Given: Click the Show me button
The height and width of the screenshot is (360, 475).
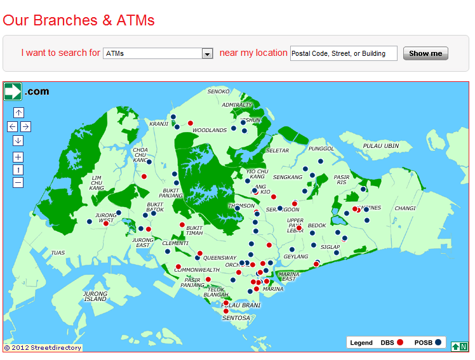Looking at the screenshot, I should click(425, 53).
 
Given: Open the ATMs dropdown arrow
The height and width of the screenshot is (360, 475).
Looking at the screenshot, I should click(207, 54).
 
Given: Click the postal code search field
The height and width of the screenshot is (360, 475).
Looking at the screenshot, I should click(343, 53).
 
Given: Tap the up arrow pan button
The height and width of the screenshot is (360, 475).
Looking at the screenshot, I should click(18, 112).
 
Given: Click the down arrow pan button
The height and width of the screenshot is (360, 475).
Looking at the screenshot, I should click(18, 140).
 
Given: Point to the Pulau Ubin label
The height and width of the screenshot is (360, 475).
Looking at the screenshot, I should click(380, 146).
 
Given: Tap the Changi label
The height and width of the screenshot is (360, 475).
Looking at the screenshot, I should click(405, 208).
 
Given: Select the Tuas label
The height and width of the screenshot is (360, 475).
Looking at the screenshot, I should click(58, 253).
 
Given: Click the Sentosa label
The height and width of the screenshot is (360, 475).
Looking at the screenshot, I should click(236, 317).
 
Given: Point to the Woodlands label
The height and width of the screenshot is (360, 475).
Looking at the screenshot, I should click(210, 130).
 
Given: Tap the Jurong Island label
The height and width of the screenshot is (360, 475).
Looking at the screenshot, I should click(95, 296).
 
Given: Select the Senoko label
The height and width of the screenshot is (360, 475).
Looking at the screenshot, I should click(218, 91).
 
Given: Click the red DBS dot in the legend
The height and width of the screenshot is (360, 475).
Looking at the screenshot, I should click(400, 343).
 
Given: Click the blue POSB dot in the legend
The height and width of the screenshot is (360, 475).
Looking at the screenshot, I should click(438, 343).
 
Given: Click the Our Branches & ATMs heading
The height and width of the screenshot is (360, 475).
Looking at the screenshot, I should click(79, 20).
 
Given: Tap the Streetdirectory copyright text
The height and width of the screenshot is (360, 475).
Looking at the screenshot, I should click(43, 347).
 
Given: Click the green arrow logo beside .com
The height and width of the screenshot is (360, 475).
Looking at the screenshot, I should click(13, 91).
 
